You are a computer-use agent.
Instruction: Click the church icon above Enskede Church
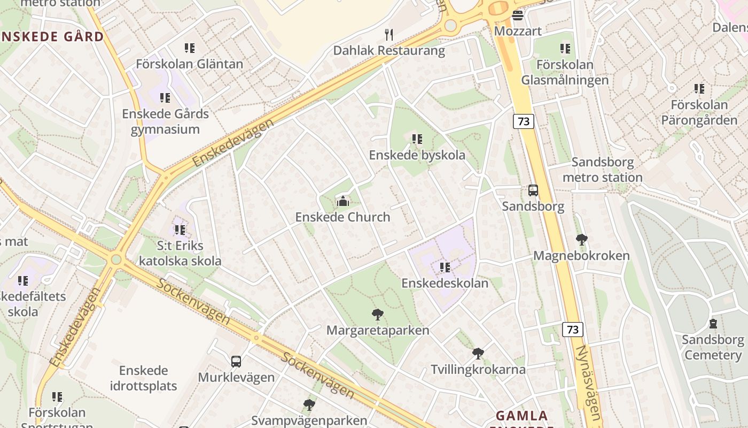pyautogui.click(x=342, y=202)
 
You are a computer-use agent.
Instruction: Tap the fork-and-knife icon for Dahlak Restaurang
pyautogui.click(x=389, y=35)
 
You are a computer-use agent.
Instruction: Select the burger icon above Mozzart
pyautogui.click(x=517, y=16)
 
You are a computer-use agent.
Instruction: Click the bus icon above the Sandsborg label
pyautogui.click(x=533, y=190)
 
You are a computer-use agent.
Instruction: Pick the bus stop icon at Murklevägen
pyautogui.click(x=236, y=361)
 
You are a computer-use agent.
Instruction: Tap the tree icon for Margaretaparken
pyautogui.click(x=378, y=314)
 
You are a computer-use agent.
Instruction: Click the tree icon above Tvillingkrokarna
pyautogui.click(x=478, y=353)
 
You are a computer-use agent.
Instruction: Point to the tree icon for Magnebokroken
pyautogui.click(x=581, y=240)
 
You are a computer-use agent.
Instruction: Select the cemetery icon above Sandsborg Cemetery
pyautogui.click(x=713, y=324)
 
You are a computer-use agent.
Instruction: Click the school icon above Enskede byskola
pyautogui.click(x=417, y=139)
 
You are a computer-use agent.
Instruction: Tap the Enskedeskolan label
pyautogui.click(x=445, y=283)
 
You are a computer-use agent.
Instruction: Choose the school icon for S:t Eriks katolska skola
pyautogui.click(x=180, y=230)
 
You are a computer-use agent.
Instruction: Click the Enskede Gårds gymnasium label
pyautogui.click(x=165, y=121)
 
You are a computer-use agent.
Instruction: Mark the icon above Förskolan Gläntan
pyautogui.click(x=190, y=48)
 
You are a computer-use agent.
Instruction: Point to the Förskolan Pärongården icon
pyautogui.click(x=699, y=89)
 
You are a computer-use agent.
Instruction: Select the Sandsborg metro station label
pyautogui.click(x=602, y=170)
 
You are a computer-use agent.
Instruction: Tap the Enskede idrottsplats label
pyautogui.click(x=143, y=378)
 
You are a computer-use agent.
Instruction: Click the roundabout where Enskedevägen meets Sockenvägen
pyautogui.click(x=116, y=260)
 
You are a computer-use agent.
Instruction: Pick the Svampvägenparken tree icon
pyautogui.click(x=309, y=404)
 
